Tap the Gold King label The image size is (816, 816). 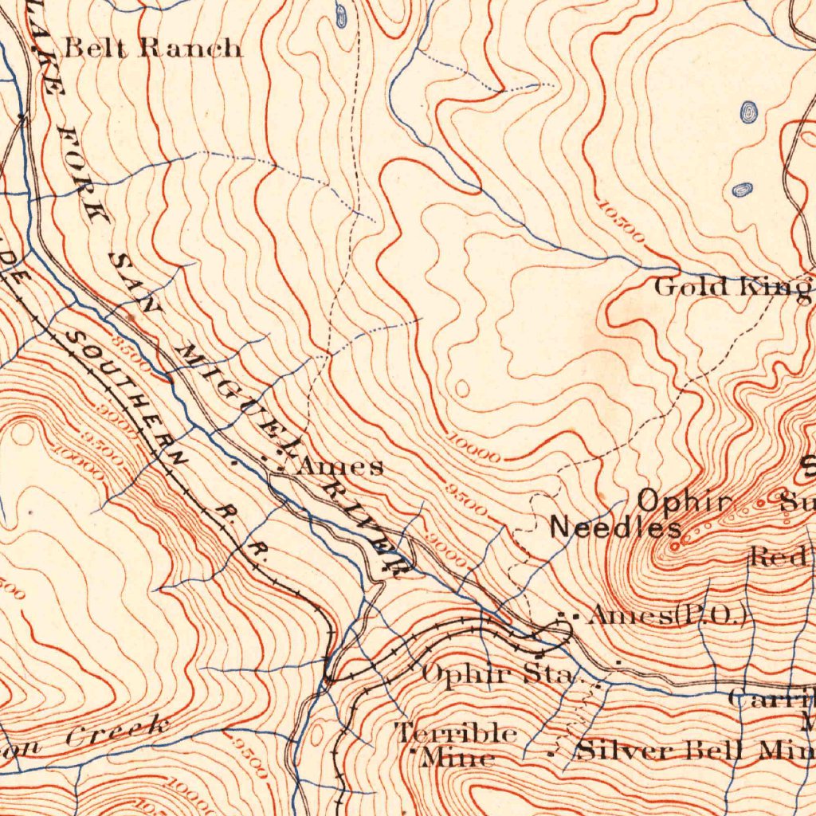pyautogui.click(x=732, y=287)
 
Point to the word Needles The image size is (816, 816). pyautogui.click(x=616, y=528)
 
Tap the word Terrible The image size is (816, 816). pyautogui.click(x=457, y=732)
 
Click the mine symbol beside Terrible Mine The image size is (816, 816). pyautogui.click(x=413, y=751)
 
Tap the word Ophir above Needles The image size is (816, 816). pyautogui.click(x=684, y=501)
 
